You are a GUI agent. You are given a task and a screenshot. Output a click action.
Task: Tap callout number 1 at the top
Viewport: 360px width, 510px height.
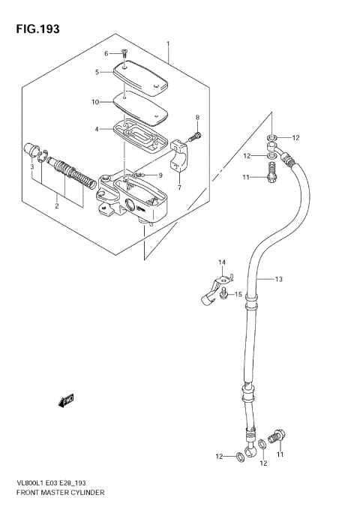point(168,44)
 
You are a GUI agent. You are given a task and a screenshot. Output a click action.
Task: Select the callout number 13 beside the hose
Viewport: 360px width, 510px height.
point(277,280)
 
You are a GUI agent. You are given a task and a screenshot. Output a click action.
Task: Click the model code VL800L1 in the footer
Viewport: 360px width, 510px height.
point(25,484)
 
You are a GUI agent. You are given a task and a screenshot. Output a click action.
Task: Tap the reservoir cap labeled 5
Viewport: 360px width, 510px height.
point(141,79)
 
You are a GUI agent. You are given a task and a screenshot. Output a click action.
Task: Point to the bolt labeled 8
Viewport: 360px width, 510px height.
point(196,136)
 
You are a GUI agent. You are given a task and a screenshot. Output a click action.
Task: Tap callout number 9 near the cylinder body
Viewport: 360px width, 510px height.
point(160,175)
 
